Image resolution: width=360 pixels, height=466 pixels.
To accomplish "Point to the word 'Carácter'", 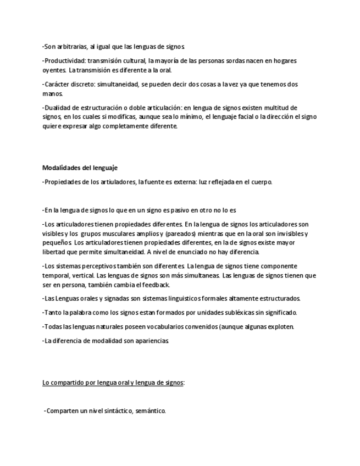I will click(58, 85).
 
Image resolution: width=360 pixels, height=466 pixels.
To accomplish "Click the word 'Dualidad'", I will click(58, 108).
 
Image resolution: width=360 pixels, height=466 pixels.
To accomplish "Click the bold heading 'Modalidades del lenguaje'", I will click(80, 168).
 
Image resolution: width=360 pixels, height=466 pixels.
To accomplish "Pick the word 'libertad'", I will click(54, 252).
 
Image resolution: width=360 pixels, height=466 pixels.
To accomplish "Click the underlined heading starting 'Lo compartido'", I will click(113, 382).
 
